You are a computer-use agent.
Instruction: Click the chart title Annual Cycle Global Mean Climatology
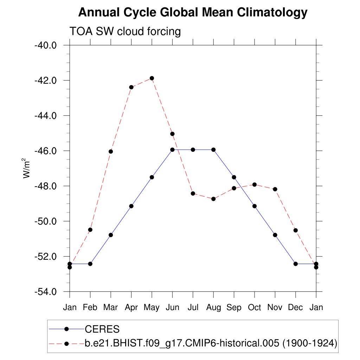point(193,13)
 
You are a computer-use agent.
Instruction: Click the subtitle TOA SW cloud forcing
point(125,31)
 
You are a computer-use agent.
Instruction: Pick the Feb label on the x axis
point(90,307)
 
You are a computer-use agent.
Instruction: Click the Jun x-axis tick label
point(172,307)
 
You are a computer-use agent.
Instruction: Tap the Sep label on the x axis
point(234,307)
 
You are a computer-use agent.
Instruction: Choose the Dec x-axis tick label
point(295,307)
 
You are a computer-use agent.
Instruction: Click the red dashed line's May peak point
point(152,78)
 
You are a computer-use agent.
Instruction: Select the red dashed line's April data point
point(131,87)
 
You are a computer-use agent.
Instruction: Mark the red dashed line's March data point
point(111,152)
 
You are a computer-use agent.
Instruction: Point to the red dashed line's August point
point(213,199)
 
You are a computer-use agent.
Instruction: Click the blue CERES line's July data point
point(193,150)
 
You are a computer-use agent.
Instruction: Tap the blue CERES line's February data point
point(90,264)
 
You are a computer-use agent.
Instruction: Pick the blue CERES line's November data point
point(275,235)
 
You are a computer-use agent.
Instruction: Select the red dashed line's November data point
point(275,189)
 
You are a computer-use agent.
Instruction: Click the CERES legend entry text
point(102,329)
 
